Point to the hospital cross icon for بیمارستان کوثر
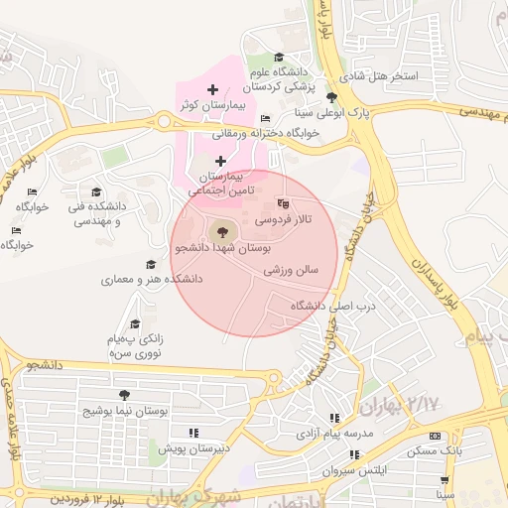click(x=212, y=90)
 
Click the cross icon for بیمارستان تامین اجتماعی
click(x=220, y=161)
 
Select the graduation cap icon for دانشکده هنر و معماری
click(x=151, y=265)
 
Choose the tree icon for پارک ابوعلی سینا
click(x=331, y=97)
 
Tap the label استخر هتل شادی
click(x=378, y=75)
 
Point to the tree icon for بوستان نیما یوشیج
click(x=124, y=395)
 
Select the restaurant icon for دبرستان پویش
click(x=193, y=433)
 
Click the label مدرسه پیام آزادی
click(x=333, y=434)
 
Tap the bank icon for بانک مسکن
click(x=435, y=437)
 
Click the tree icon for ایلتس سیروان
click(x=354, y=454)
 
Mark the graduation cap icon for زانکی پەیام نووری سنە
click(x=135, y=324)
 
